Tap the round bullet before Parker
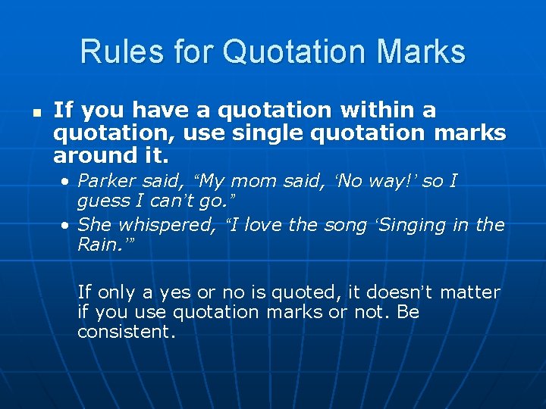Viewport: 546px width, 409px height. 67,182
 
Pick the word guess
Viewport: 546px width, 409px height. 102,201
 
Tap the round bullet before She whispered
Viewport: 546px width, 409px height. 67,225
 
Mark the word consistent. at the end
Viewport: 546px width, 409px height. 126,332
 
